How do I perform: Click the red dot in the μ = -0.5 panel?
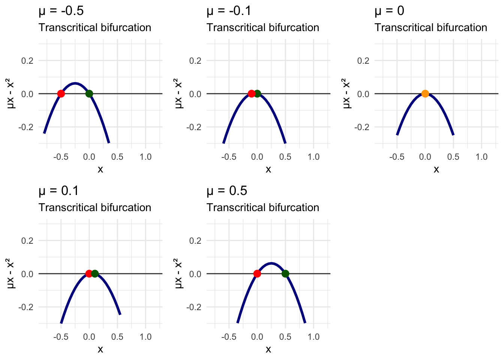pyautogui.click(x=61, y=94)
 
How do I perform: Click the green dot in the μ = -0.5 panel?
pyautogui.click(x=89, y=94)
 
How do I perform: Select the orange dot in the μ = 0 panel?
pyautogui.click(x=425, y=94)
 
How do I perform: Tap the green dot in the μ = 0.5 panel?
pyautogui.click(x=285, y=274)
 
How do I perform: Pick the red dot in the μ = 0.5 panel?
pyautogui.click(x=257, y=274)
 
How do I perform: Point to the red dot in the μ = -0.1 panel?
pyautogui.click(x=251, y=94)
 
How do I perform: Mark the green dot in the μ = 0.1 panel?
pyautogui.click(x=95, y=274)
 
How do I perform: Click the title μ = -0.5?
pyautogui.click(x=61, y=11)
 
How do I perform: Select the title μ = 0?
pyautogui.click(x=389, y=11)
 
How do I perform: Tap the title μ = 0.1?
pyautogui.click(x=58, y=191)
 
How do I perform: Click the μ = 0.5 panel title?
pyautogui.click(x=226, y=191)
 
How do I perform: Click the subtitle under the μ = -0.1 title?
pyautogui.click(x=262, y=28)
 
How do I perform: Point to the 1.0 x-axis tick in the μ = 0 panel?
pyautogui.click(x=481, y=157)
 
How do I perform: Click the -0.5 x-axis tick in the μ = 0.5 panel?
pyautogui.click(x=229, y=337)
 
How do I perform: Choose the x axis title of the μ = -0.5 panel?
pyautogui.click(x=100, y=169)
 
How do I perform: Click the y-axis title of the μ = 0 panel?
pyautogui.click(x=347, y=94)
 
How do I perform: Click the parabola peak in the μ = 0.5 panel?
pyautogui.click(x=271, y=263)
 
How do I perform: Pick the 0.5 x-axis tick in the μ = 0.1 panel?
pyautogui.click(x=117, y=337)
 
